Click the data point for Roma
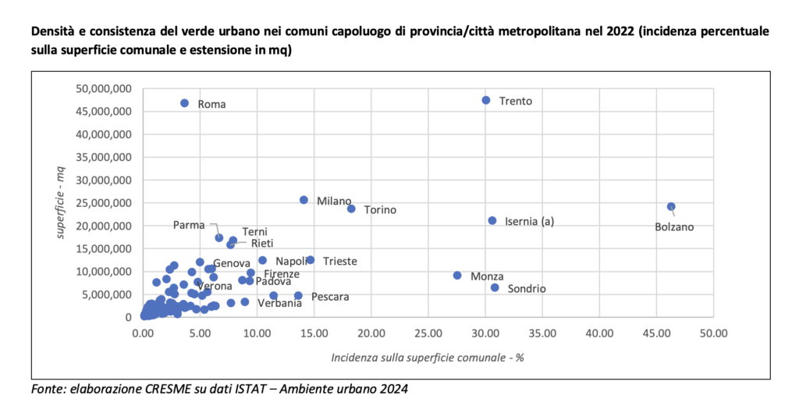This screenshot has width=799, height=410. (185, 103)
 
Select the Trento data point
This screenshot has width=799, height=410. (486, 100)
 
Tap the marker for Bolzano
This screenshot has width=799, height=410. (671, 207)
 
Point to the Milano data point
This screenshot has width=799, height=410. (304, 200)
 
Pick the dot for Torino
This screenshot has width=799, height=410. (351, 209)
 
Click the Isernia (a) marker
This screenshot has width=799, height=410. (492, 221)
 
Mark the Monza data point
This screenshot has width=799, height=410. (457, 276)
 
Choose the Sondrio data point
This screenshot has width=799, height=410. (495, 287)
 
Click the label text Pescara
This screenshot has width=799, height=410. (330, 297)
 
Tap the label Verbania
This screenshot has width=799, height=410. (279, 303)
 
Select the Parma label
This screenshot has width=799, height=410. (189, 225)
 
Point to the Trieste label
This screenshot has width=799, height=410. (340, 261)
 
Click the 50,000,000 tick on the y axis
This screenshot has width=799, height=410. (105, 88)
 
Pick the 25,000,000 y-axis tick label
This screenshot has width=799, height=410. (105, 203)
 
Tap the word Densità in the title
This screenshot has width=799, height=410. (54, 33)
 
